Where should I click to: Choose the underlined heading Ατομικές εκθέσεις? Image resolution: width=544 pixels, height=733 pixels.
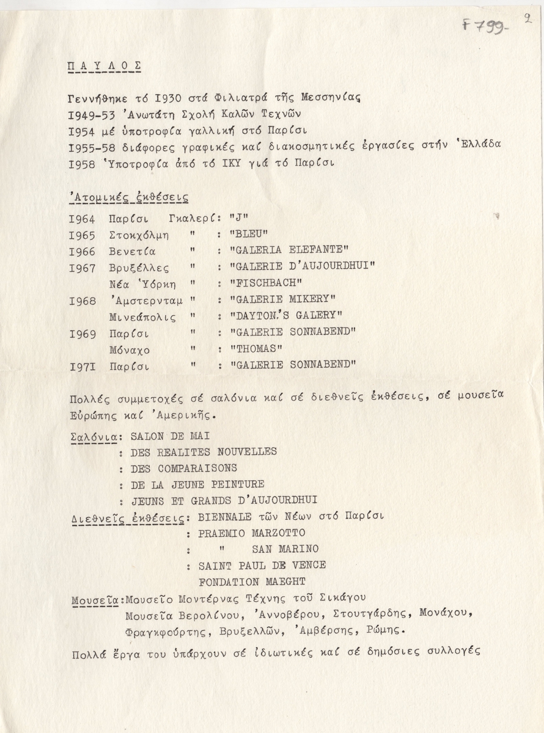pyautogui.click(x=130, y=197)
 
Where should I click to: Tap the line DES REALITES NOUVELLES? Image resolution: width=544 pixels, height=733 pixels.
pyautogui.click(x=204, y=452)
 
